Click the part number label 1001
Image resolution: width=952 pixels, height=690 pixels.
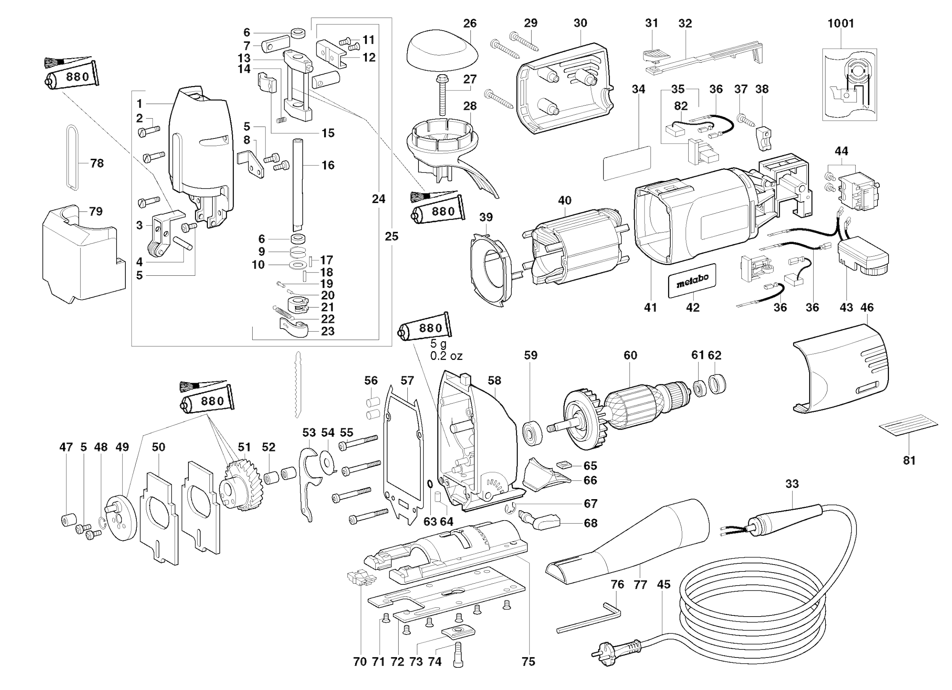point(841,23)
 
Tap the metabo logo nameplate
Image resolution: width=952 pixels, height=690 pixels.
point(692,280)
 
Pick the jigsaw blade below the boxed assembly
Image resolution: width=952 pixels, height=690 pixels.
point(298,384)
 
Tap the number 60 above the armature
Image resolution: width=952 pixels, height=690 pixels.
point(630,355)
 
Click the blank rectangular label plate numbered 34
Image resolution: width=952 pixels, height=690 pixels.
point(627,163)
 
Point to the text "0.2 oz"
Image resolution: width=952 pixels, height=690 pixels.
point(446,356)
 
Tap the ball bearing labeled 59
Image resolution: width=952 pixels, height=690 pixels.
point(532,432)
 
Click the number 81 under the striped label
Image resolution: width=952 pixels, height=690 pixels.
point(909,460)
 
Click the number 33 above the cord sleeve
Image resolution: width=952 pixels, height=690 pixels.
point(792,484)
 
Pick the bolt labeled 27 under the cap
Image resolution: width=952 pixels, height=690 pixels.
point(442,94)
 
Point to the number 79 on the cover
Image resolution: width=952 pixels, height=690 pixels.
point(95,211)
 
